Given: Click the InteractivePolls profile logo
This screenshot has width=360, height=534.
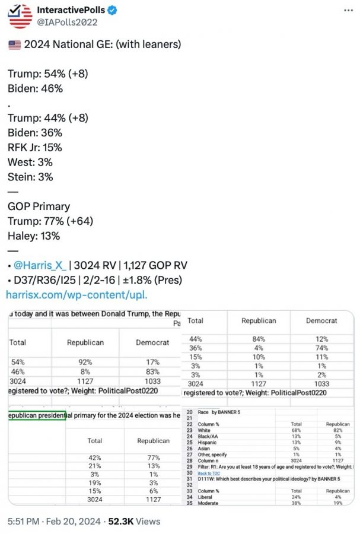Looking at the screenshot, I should (x=21, y=16).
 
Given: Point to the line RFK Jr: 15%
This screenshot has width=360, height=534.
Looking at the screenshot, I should (x=35, y=147).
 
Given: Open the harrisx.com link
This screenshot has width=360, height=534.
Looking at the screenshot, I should (x=77, y=294).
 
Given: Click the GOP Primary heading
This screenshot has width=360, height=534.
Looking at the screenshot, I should (x=39, y=206).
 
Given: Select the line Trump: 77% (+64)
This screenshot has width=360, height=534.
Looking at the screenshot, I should (x=50, y=221).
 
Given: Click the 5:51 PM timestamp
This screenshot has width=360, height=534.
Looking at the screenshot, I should (x=24, y=521).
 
